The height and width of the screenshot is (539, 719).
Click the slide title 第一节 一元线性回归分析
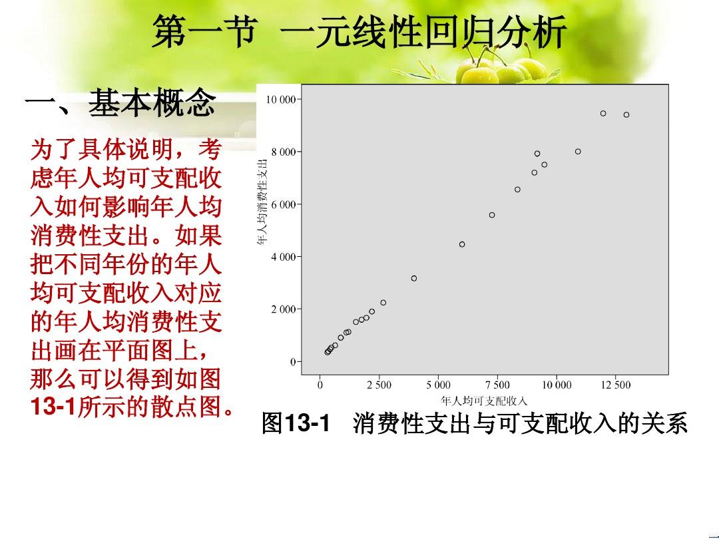point(359,32)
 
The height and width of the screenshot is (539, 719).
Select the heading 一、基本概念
point(120,102)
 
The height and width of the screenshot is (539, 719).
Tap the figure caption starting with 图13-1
point(475,423)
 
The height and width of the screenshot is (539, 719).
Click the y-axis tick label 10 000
point(281,99)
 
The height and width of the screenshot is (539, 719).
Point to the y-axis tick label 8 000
point(284,152)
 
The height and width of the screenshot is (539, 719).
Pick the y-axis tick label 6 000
point(284,204)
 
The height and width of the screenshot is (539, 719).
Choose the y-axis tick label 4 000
point(284,257)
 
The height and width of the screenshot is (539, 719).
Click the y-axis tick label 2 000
point(284,309)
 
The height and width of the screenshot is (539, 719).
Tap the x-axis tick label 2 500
point(379,385)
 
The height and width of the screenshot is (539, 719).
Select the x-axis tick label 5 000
point(438,385)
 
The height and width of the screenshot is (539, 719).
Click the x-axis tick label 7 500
point(497,385)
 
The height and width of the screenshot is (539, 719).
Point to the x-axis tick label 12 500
point(616,385)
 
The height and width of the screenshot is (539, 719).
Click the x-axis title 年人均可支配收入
point(484,401)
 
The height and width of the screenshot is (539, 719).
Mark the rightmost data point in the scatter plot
point(626,114)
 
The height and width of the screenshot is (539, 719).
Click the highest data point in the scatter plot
point(603,113)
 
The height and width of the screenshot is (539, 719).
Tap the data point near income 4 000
point(414,278)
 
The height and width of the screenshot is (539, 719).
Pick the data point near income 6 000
point(462,244)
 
